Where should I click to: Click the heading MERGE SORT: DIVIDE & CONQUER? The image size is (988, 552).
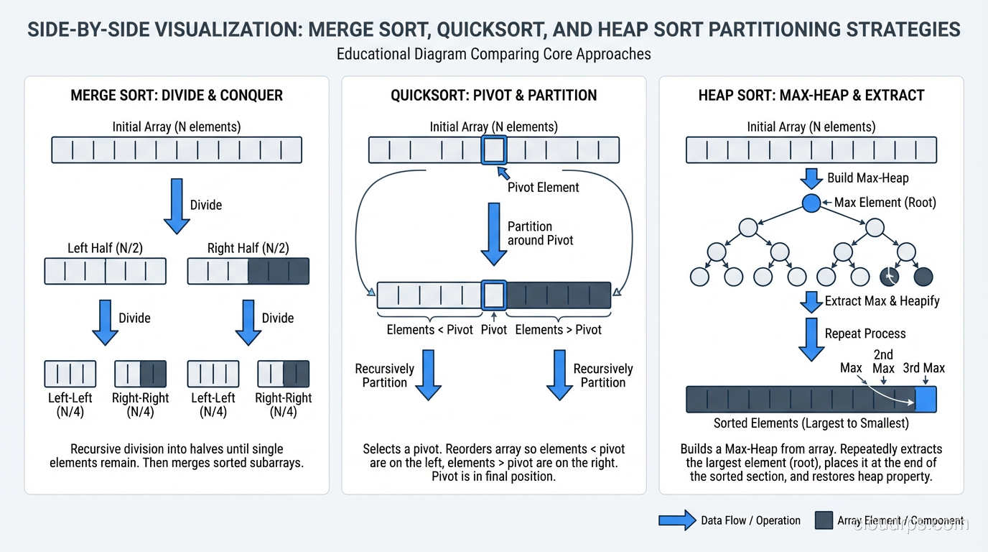(x=177, y=96)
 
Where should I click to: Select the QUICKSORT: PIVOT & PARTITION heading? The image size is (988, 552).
(x=493, y=96)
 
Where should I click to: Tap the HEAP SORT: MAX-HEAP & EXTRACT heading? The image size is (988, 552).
(x=811, y=96)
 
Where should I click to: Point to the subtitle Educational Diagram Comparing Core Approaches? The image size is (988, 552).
(x=493, y=54)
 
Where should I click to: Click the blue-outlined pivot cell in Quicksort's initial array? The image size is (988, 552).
(x=494, y=150)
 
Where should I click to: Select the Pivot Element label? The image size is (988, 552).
(x=543, y=188)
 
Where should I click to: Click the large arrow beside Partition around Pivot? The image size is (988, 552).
(x=493, y=233)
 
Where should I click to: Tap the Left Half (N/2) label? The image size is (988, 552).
(x=105, y=248)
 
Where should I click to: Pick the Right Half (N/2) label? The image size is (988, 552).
(x=248, y=248)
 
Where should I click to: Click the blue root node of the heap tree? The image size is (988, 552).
(x=811, y=203)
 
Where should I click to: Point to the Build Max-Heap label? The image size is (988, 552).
(x=867, y=178)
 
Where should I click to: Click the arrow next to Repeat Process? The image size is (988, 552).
(x=811, y=339)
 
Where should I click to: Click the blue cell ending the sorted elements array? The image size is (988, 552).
(x=926, y=399)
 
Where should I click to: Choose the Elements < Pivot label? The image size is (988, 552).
(x=429, y=330)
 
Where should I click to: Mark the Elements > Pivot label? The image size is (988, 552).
(x=558, y=330)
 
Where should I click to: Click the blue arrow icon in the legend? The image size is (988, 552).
(x=676, y=520)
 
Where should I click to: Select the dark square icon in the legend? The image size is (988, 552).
(x=824, y=520)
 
